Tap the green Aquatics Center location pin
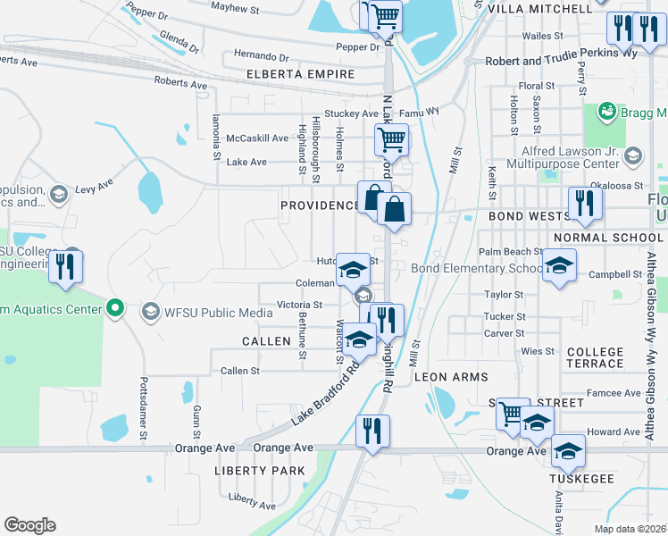[x=114, y=309]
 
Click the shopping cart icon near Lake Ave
[x=390, y=138]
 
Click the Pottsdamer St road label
[x=143, y=400]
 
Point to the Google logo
[x=29, y=525]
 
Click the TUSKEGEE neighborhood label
[x=581, y=479]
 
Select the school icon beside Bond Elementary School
[x=560, y=265]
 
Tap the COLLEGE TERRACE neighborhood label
[x=595, y=357]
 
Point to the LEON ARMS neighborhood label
[x=451, y=378]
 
